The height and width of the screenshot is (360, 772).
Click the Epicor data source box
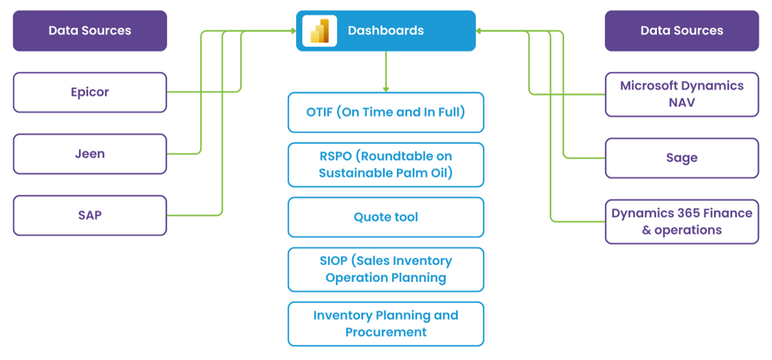click(x=90, y=92)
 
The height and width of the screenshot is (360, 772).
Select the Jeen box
click(x=90, y=154)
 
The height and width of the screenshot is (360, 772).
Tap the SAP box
click(x=90, y=215)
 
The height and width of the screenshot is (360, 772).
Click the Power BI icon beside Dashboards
click(x=319, y=31)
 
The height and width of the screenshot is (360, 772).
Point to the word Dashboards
click(x=386, y=31)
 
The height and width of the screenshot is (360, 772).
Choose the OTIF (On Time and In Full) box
click(x=386, y=113)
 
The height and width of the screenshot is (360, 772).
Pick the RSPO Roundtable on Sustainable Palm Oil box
click(x=386, y=165)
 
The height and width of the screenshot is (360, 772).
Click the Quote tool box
click(x=386, y=217)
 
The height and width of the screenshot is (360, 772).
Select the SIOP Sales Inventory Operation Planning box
click(x=386, y=269)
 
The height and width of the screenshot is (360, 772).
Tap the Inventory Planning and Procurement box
click(x=386, y=324)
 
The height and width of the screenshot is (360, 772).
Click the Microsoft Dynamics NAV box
click(x=682, y=94)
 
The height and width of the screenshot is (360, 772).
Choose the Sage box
click(x=682, y=158)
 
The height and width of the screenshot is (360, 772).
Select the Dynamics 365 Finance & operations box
click(x=682, y=222)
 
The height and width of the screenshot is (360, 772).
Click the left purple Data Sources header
click(x=90, y=31)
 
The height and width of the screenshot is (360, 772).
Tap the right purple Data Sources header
click(x=682, y=31)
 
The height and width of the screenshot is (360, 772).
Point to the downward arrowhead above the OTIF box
click(x=386, y=89)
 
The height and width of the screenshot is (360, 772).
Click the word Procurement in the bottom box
click(x=386, y=332)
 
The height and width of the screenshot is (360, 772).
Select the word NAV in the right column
click(x=682, y=103)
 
